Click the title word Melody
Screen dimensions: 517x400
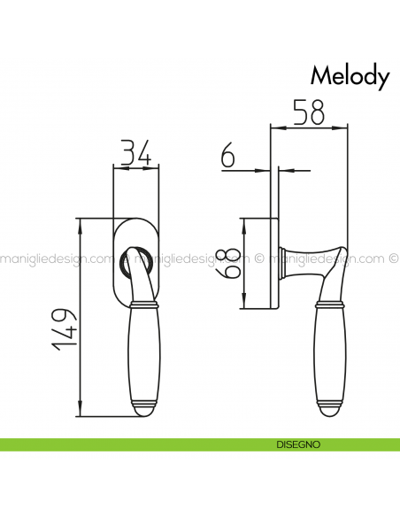350,77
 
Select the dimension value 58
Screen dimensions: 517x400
307,112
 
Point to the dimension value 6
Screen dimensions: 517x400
227,157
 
